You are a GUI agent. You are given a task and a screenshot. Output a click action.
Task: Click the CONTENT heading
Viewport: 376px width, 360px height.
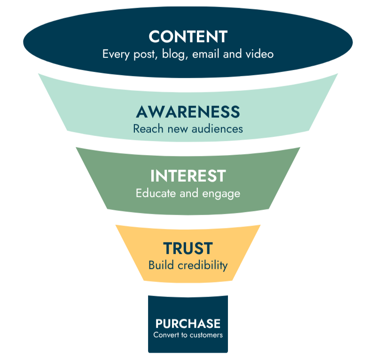pos(188,37)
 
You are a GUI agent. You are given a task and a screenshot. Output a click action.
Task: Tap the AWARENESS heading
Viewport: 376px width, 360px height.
pos(188,112)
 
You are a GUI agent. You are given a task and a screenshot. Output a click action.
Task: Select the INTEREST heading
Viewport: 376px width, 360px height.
pos(188,176)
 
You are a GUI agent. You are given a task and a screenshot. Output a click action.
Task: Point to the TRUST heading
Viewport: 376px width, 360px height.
pos(188,248)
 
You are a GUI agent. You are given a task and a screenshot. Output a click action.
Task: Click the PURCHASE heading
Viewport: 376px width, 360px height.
pos(188,324)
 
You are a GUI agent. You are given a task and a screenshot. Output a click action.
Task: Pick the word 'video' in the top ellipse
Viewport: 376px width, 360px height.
pos(258,54)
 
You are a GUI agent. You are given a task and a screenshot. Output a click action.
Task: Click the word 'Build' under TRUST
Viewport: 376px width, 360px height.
pos(161,265)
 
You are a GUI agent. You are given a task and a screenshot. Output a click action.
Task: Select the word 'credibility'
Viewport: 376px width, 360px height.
pos(203,265)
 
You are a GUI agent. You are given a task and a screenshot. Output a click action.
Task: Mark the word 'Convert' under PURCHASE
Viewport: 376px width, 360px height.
pos(164,335)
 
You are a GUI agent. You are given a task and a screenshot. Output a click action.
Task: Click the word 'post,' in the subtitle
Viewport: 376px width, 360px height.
pos(143,54)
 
